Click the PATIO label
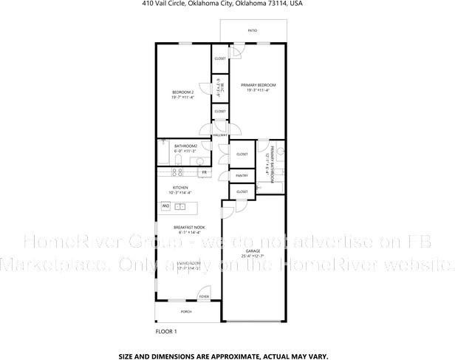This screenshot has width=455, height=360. pos(252,31)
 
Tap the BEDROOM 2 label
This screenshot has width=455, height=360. pos(182,92)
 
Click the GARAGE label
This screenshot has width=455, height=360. pos(253,251)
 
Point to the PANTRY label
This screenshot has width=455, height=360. pos(242,176)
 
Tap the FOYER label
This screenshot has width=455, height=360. pos(203,297)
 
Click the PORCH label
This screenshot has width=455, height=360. pos(185,311)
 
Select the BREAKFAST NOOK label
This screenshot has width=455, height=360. pos(189,226)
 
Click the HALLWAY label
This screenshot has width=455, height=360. pos(220,135)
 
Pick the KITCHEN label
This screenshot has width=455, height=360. pos(181,188)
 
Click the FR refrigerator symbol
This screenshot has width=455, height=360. pos(204,172)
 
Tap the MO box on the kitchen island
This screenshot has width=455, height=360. pos(166,206)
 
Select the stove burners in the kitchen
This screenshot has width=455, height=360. pos(177,171)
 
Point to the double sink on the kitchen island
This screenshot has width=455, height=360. pos(186,206)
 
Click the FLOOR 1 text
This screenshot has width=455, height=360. pos(166,332)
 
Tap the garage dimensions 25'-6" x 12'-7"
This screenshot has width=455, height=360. pos(253,257)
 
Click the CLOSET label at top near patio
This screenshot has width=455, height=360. pos(220,58)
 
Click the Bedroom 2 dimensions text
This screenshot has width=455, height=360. pos(182,97)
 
